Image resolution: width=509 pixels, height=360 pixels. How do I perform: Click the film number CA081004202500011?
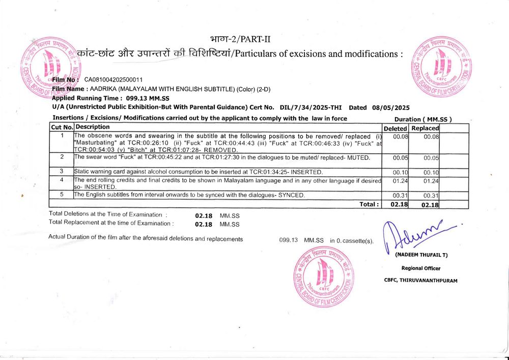click(114, 80)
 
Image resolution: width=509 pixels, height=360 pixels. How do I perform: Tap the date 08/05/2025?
click(390, 107)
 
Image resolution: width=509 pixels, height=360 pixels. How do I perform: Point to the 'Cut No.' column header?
click(62, 127)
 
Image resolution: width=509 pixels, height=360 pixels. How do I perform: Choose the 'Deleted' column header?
click(395, 128)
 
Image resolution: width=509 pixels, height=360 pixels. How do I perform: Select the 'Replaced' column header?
click(425, 128)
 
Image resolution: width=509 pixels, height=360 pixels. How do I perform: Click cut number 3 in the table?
click(62, 171)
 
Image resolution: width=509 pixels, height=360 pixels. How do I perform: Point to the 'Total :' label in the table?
click(370, 204)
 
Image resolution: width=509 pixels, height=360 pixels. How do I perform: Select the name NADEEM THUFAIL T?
click(421, 255)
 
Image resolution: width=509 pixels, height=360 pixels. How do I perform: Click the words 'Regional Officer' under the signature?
click(421, 268)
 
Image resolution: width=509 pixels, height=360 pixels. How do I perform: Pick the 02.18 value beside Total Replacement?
click(204, 224)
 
